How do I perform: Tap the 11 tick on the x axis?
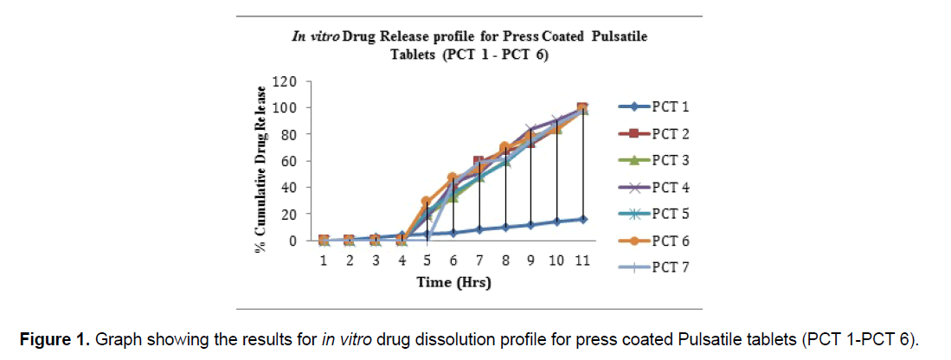(x=582, y=260)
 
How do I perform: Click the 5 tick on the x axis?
(x=426, y=260)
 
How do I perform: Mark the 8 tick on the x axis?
(x=504, y=260)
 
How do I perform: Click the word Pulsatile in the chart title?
(x=616, y=37)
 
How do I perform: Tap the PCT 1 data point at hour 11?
(x=582, y=219)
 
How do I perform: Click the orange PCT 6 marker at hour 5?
(x=426, y=202)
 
